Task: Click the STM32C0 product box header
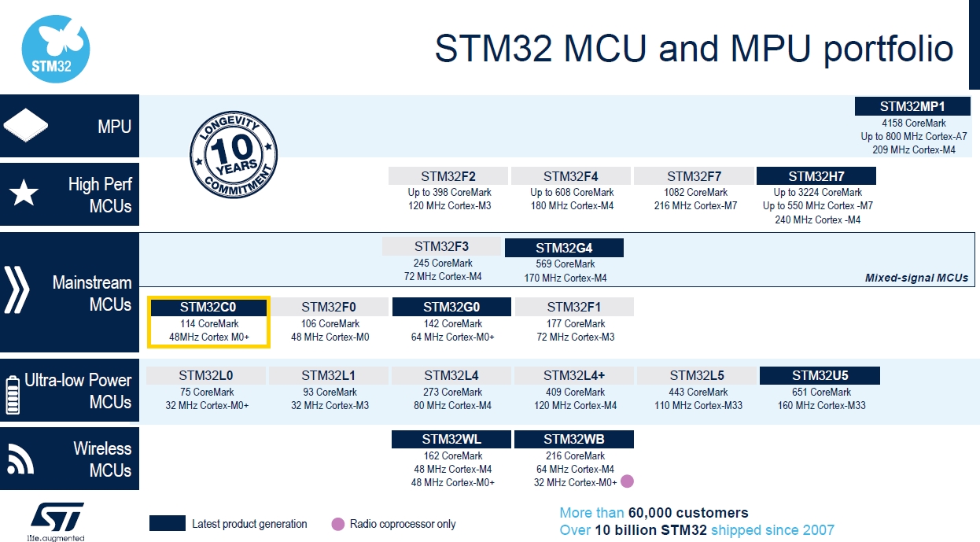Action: tap(208, 307)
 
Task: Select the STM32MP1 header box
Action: tap(912, 106)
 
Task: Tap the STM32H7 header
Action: tap(816, 176)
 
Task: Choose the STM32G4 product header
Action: tap(564, 248)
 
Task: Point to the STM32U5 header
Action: tap(820, 375)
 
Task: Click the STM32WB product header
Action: tap(574, 439)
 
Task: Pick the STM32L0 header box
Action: tap(205, 375)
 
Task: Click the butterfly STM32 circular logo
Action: tap(56, 49)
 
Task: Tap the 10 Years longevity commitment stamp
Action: tap(234, 154)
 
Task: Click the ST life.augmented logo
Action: tap(57, 522)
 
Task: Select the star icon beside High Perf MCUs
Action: tap(24, 193)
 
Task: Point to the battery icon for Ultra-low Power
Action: tap(13, 395)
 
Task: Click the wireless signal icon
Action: tap(20, 459)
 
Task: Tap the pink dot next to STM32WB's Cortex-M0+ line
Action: tap(628, 481)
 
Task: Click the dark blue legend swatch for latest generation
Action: tap(167, 523)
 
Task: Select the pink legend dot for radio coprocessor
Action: tap(337, 524)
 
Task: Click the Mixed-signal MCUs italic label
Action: tap(916, 278)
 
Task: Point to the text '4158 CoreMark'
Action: tap(913, 123)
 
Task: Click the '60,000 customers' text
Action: tap(688, 512)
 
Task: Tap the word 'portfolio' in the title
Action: tap(889, 49)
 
